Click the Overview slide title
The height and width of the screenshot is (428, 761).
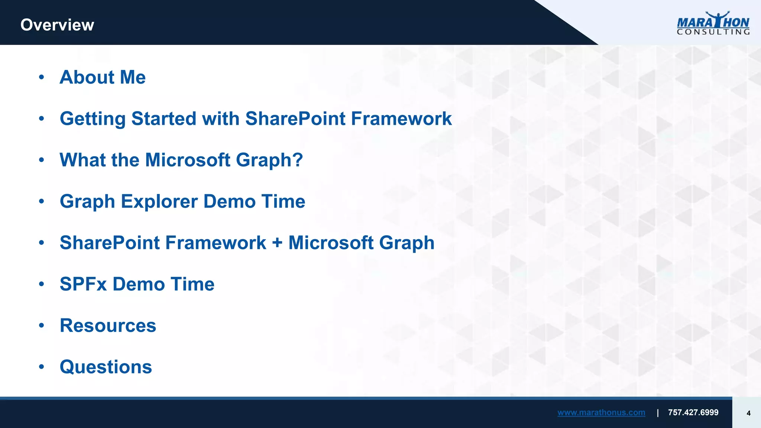point(57,25)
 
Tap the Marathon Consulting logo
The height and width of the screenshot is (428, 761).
point(713,23)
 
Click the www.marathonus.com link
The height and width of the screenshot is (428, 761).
point(601,412)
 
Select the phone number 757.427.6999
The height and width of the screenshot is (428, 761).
point(693,412)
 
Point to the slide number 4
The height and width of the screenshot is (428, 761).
point(748,413)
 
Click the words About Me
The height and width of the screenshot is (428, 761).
point(103,77)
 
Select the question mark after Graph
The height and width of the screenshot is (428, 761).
point(298,160)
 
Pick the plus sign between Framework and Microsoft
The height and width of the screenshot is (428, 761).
point(277,243)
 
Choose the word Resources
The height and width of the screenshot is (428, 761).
point(108,326)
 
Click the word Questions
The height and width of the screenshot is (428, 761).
point(106,367)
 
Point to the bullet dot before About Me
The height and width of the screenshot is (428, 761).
point(42,77)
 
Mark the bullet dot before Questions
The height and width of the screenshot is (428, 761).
point(42,367)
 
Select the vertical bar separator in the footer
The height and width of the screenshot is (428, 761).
point(658,413)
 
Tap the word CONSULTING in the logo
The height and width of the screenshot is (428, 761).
point(713,32)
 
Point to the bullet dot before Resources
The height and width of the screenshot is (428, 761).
point(42,326)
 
